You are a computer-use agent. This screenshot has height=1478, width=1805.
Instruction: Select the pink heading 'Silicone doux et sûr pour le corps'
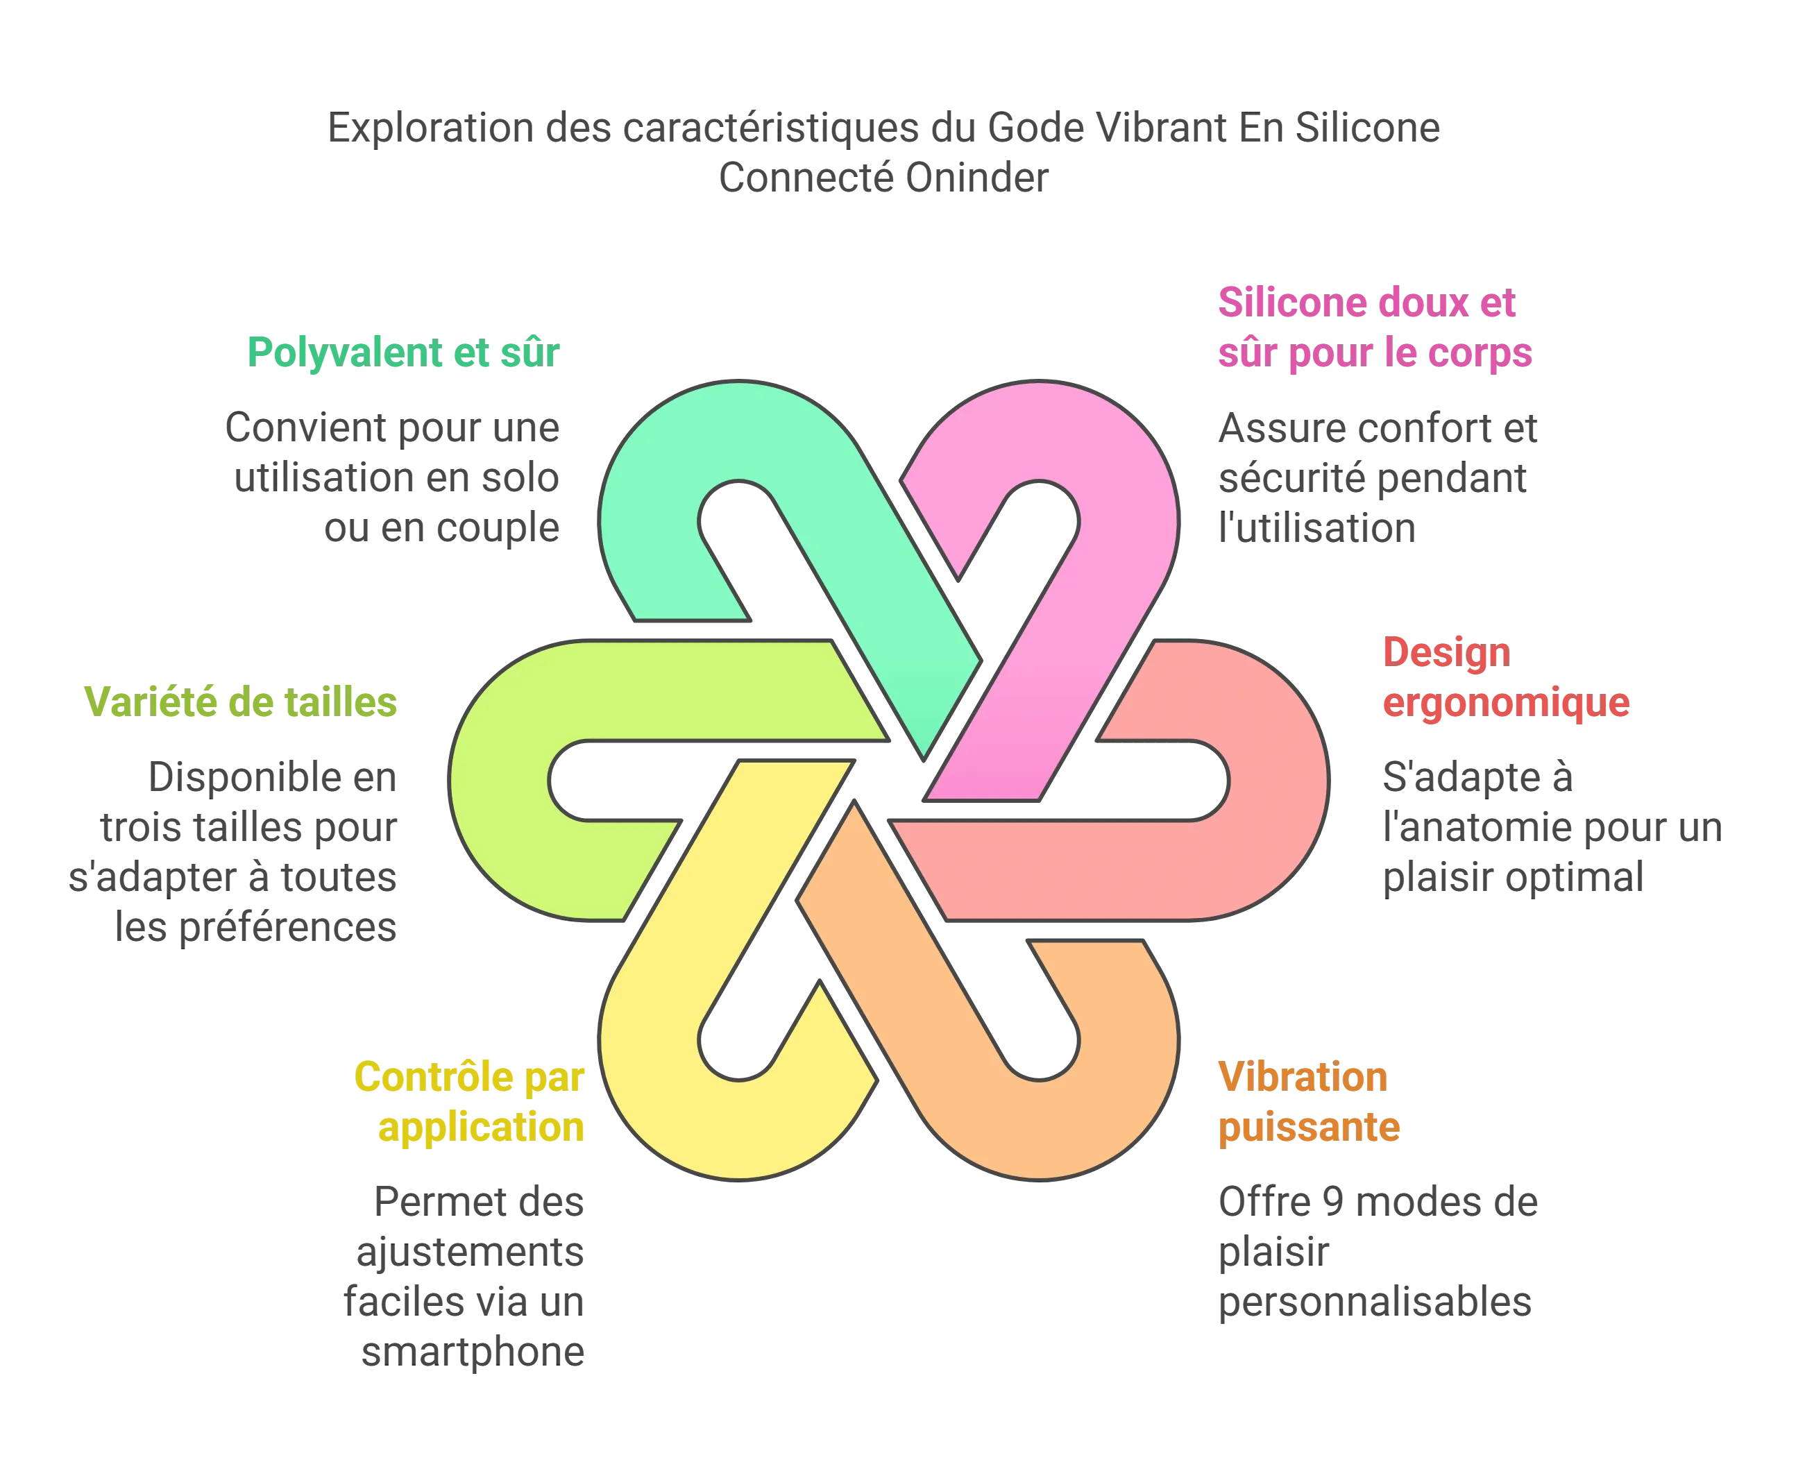coord(1374,328)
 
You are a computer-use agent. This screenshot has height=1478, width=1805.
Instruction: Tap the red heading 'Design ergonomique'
coord(1505,678)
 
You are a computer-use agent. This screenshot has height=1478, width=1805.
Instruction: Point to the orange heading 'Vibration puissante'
coord(1309,1103)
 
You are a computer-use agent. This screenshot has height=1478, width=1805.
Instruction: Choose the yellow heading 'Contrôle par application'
coord(469,1103)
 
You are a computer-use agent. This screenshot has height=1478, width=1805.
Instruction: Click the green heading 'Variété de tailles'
coord(240,702)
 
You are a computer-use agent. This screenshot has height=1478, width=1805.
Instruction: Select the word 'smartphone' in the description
coord(473,1352)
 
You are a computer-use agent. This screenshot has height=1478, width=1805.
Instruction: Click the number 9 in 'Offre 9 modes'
coord(1333,1202)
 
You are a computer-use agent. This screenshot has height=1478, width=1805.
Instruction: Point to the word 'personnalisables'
coord(1374,1302)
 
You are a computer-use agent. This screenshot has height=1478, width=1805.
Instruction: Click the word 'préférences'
coord(288,927)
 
